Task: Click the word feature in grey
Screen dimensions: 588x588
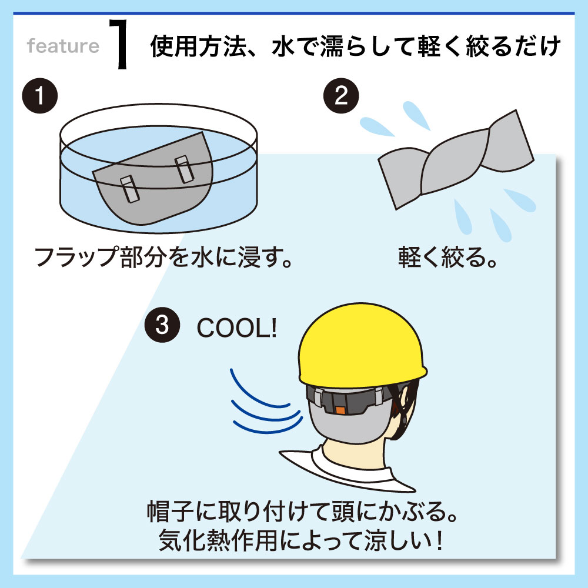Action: (x=63, y=46)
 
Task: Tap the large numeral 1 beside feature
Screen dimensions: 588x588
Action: (x=119, y=44)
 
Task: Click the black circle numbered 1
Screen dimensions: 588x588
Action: (x=40, y=96)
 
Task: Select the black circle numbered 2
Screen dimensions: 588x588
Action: (x=341, y=96)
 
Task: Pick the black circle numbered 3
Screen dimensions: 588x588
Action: (x=162, y=325)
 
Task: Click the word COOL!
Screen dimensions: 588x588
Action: (x=237, y=328)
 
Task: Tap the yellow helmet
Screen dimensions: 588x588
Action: (x=362, y=347)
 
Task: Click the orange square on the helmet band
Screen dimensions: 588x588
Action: (x=340, y=409)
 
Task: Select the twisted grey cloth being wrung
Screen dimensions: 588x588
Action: (x=456, y=159)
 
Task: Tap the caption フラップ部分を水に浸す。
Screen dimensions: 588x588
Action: (x=164, y=258)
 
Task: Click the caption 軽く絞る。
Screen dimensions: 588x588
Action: (x=447, y=258)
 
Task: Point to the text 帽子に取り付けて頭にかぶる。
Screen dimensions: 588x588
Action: (x=302, y=512)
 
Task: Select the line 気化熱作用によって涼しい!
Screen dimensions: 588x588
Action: (x=300, y=540)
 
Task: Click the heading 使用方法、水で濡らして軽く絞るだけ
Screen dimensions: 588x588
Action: (x=356, y=46)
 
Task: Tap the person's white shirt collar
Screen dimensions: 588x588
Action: (x=347, y=469)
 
